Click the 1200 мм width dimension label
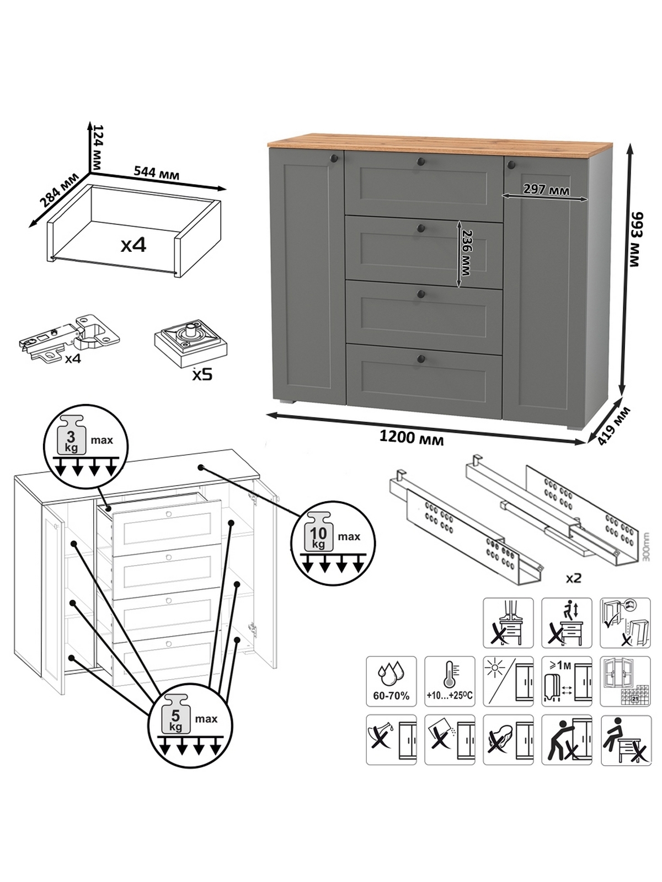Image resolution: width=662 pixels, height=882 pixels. tap(411, 438)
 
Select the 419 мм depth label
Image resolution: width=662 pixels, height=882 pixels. tap(613, 426)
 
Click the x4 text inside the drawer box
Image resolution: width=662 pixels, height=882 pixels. tap(134, 245)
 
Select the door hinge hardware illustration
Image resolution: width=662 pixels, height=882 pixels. tap(71, 337)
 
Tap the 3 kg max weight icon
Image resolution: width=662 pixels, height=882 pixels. tap(86, 444)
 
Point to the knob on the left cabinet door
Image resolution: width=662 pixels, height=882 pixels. tap(333, 159)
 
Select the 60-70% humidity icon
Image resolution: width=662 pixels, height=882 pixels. tap(391, 681)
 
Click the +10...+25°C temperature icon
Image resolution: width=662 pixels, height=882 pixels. tap(449, 681)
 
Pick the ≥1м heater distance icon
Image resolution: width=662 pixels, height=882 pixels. tap(567, 681)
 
